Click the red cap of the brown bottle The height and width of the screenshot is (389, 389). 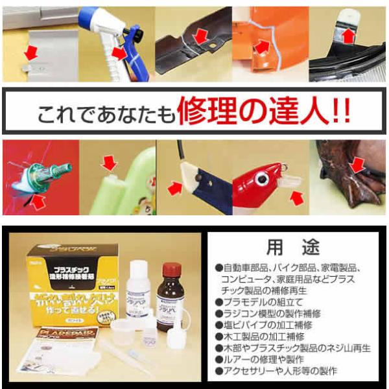point(170,267)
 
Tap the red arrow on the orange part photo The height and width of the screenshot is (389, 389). point(263,47)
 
